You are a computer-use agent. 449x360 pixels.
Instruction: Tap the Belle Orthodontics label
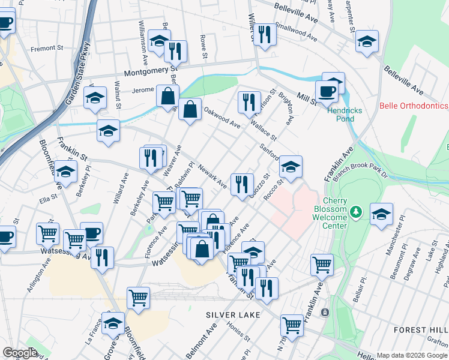point(414,106)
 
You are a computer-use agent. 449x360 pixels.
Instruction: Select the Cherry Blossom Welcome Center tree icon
point(356,212)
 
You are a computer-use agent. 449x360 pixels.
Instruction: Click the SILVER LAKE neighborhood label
point(233,315)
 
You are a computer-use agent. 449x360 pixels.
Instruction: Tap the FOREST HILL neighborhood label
point(421,330)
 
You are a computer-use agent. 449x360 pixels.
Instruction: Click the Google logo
point(20,353)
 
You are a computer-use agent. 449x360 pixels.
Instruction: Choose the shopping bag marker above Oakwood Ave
point(190,110)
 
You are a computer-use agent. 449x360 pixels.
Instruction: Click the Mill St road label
point(306,99)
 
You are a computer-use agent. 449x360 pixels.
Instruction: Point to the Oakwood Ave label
point(221,118)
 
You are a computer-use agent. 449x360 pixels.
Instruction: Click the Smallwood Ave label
point(297,32)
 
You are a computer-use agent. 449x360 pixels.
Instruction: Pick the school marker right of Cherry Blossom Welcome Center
point(381,214)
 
